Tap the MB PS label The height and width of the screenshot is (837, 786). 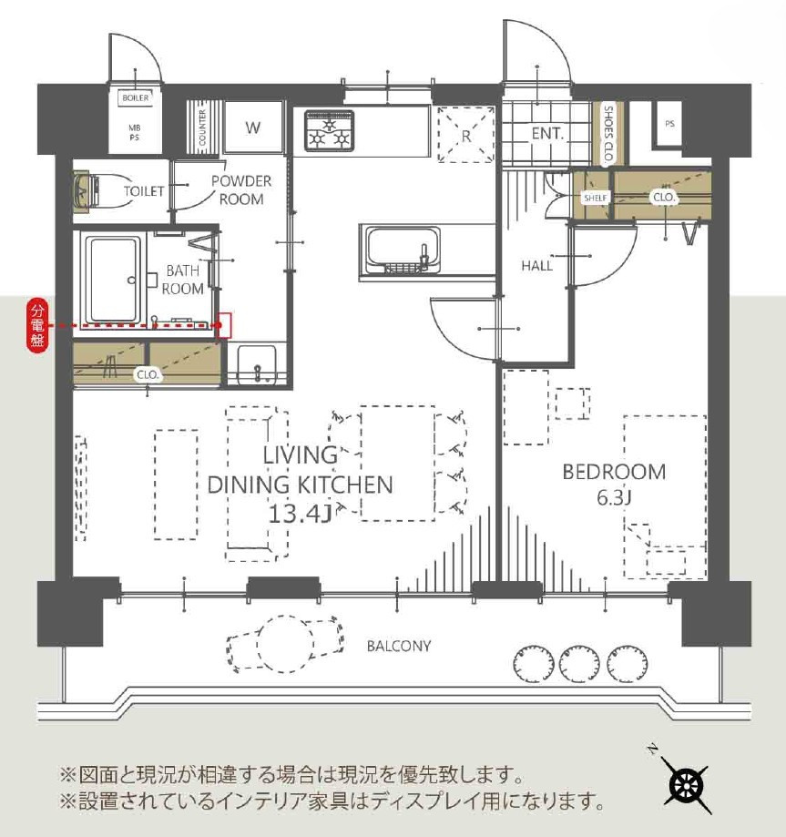coord(134,132)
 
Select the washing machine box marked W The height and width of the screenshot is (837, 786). coord(252,128)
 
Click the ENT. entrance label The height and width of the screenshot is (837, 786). coord(547,133)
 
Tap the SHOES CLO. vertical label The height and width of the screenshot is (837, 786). coord(608,133)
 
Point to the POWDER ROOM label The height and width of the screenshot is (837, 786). coord(240,189)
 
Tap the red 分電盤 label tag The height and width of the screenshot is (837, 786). coord(36,325)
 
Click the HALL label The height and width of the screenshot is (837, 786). coord(536,266)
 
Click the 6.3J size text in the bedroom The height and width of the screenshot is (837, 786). coord(614,498)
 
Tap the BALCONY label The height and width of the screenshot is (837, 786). coord(398,647)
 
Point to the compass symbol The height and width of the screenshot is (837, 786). coord(687,782)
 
